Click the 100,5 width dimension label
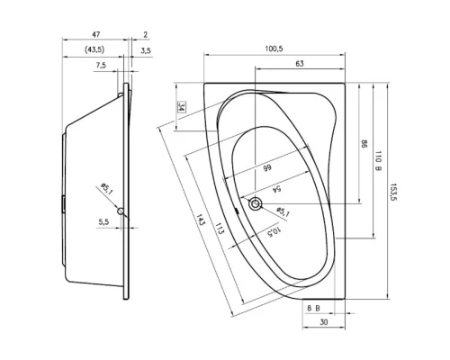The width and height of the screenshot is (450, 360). coord(274,49)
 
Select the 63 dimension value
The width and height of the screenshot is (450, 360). coord(300,64)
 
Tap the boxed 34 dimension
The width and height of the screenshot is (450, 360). coord(181,107)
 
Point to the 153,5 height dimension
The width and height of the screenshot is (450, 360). coord(393,192)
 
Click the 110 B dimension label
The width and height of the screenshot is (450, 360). coord(378,161)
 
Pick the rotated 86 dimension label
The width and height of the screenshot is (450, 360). coord(364,144)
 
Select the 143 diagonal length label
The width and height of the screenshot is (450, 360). coord(201,220)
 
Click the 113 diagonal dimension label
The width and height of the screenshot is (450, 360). coord(220,229)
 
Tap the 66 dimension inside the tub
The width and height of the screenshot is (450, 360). coord(267,167)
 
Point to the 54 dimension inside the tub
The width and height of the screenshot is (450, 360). coord(276,189)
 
